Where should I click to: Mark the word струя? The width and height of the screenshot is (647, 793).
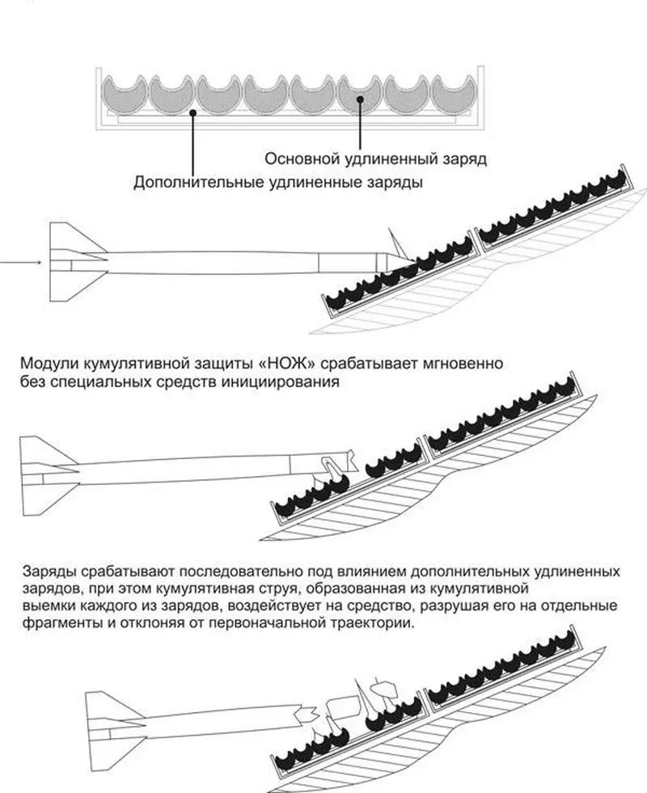pos(317,588)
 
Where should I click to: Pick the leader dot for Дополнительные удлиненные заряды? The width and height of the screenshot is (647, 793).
pos(193,114)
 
